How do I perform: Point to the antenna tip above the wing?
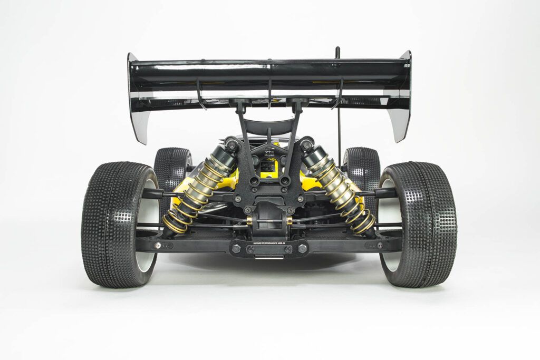[x=337, y=50]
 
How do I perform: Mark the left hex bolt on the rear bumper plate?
[x=237, y=248]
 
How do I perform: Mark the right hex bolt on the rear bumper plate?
[x=303, y=248]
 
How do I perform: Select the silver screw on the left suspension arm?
[x=157, y=245]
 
